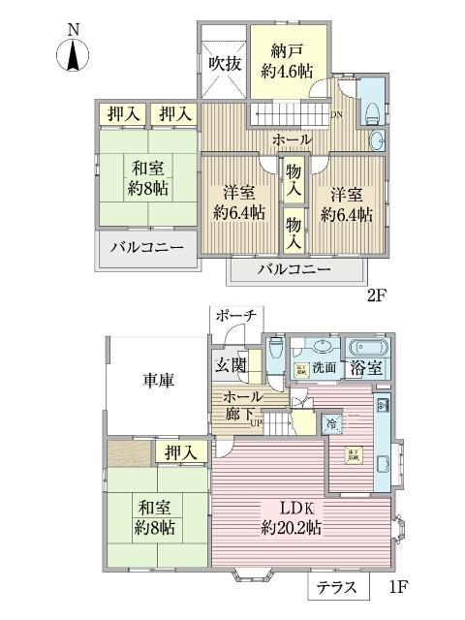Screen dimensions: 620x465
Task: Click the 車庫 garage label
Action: tap(152, 381)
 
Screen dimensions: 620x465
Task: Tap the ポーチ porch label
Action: tap(235, 317)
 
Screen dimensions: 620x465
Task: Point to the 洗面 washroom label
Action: tap(325, 368)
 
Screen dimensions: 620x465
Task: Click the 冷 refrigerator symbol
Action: tap(331, 423)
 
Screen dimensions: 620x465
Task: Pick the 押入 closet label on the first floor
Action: tap(180, 451)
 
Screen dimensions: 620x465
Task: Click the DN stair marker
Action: tap(335, 115)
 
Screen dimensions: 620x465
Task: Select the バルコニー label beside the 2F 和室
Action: tap(147, 249)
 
